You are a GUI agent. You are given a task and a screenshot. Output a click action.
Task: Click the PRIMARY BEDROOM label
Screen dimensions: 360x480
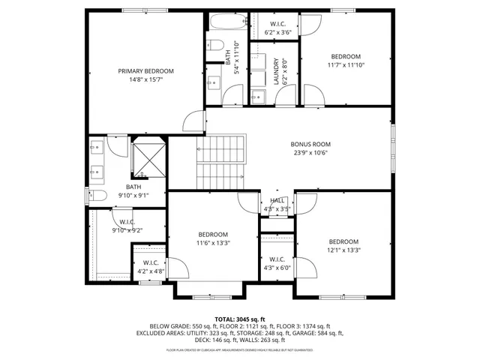click(140, 71)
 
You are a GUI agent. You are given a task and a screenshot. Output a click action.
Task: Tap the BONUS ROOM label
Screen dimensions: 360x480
click(310, 144)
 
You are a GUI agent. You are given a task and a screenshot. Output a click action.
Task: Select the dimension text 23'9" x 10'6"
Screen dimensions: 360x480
click(310, 153)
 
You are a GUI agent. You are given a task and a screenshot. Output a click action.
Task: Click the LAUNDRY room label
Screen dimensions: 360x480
click(276, 72)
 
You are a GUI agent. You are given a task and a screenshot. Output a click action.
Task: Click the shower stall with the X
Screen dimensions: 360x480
click(148, 157)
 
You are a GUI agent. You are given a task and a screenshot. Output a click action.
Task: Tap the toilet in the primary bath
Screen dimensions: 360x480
click(95, 196)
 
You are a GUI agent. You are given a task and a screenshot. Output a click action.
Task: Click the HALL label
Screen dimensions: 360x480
click(277, 200)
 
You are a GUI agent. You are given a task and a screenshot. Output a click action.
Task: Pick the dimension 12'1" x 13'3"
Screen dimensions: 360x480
click(344, 250)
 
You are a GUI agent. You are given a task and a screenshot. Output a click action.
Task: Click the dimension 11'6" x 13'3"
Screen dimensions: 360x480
click(213, 243)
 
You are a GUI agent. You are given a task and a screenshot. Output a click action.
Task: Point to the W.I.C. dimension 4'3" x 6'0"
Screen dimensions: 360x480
click(276, 267)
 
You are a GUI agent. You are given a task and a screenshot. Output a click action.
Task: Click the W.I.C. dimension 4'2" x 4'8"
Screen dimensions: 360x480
click(150, 271)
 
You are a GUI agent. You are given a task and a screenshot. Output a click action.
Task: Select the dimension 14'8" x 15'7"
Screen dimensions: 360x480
click(140, 79)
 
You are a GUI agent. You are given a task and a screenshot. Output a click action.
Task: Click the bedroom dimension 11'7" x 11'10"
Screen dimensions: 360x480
click(346, 65)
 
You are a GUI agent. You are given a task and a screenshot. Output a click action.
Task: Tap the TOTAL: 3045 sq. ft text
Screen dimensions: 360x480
click(240, 319)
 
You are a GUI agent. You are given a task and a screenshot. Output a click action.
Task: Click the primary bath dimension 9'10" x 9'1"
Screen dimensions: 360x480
click(133, 196)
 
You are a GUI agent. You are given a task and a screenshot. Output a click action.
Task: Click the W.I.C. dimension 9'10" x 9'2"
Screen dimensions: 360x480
click(127, 230)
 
